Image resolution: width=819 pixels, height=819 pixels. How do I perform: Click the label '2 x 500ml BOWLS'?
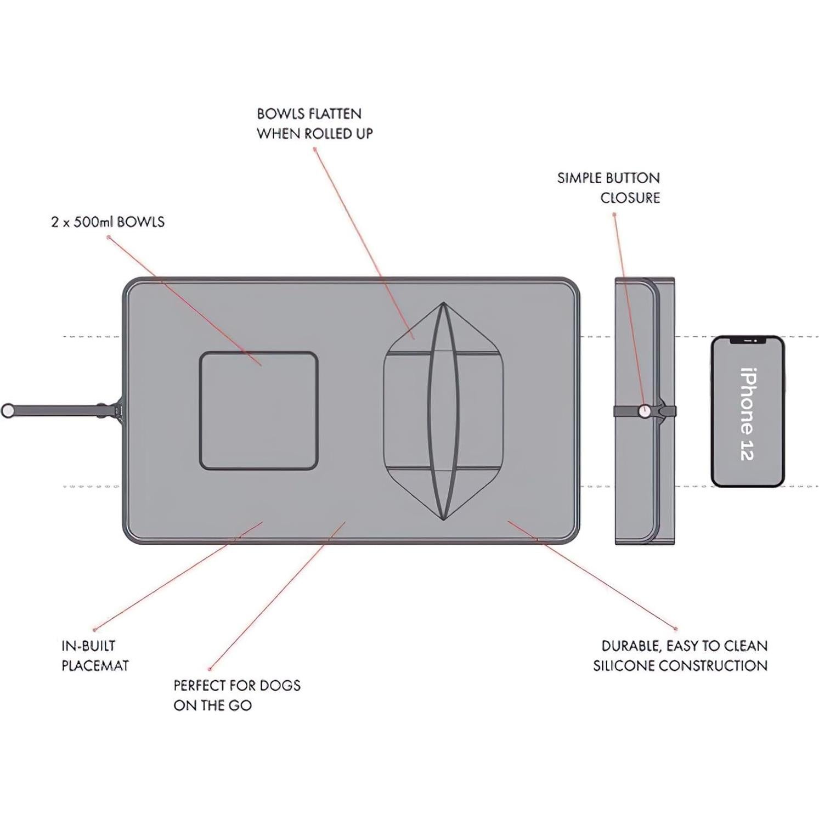point(108,222)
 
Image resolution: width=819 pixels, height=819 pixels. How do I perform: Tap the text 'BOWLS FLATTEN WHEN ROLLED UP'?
point(315,123)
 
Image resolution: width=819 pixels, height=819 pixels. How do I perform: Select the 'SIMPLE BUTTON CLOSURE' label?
point(608,188)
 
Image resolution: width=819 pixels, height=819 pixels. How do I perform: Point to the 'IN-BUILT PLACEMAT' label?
point(95,656)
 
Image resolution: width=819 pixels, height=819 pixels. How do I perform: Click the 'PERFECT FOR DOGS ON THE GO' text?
point(237,695)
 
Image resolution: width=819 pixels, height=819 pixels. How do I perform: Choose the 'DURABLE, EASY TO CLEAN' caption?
point(685,646)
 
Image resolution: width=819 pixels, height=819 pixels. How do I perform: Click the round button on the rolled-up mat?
point(646,410)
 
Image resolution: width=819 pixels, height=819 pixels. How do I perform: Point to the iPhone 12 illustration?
point(748,411)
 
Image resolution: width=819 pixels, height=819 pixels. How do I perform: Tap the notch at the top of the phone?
point(748,341)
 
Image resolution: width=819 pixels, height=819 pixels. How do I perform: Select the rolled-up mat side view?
point(645,411)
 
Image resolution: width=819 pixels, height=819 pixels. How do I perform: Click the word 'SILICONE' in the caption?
point(623,666)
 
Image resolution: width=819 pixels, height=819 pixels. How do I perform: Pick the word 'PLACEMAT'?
point(95,666)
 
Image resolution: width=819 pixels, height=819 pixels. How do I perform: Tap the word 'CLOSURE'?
point(630,198)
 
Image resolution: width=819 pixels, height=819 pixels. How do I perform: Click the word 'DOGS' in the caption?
point(280,685)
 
